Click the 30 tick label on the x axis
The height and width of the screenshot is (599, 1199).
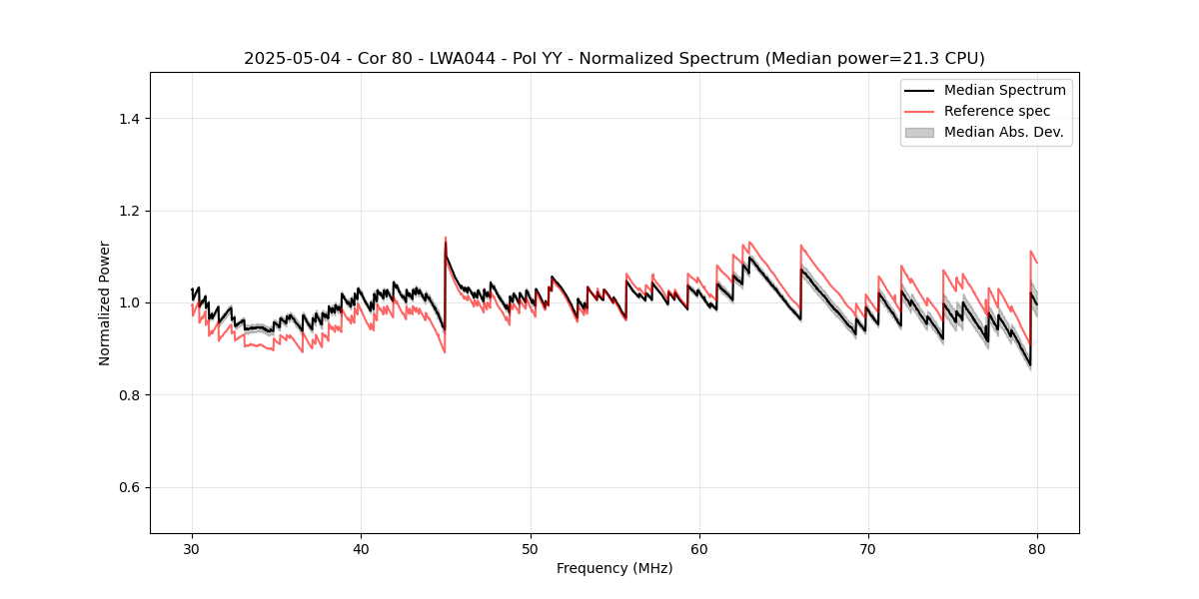tap(192, 549)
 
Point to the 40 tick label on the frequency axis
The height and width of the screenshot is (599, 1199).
tap(361, 549)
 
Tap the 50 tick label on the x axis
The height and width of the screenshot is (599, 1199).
tap(531, 549)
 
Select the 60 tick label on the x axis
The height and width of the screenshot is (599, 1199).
tap(699, 549)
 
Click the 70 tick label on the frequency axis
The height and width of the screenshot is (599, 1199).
tap(868, 549)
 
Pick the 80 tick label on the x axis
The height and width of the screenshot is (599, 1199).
tap(1037, 549)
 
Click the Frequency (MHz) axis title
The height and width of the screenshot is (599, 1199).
tap(614, 568)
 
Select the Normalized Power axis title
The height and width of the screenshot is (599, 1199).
tap(105, 302)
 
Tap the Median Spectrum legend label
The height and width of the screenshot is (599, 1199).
tap(1004, 90)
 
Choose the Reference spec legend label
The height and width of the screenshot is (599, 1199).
tap(996, 111)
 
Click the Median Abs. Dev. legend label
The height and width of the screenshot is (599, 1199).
tap(1003, 132)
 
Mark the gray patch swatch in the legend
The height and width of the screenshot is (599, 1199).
tap(919, 132)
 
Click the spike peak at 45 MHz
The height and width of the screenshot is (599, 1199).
tap(446, 238)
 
